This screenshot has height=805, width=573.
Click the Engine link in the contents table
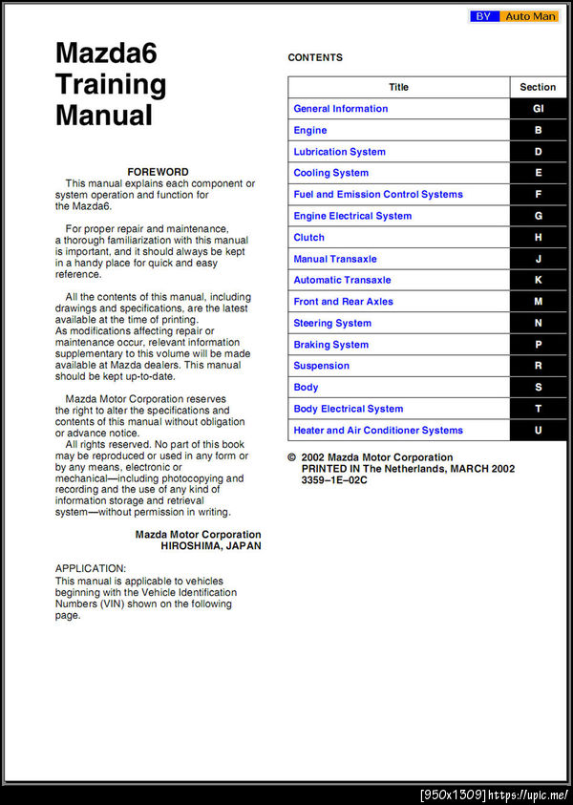pos(310,130)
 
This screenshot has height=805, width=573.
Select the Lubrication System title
pos(340,152)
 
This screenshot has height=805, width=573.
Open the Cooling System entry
pos(331,173)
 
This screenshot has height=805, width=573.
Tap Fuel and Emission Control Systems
pos(378,195)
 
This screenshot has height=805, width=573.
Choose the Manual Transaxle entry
pos(335,259)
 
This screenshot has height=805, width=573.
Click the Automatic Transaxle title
pos(342,280)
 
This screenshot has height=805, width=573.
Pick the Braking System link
pos(330,345)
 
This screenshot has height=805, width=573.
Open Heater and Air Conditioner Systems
pos(378,431)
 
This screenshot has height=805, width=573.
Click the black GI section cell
pos(539,109)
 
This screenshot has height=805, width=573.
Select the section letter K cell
pos(539,280)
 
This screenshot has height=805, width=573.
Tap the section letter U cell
pos(539,431)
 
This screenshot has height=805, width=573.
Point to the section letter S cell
pos(539,388)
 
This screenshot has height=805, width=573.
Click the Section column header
pos(539,87)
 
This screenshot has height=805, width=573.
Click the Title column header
pos(399,87)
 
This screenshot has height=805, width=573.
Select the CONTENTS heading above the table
pos(315,57)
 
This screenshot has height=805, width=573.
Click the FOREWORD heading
pos(158,172)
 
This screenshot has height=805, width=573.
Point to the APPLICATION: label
pos(91,568)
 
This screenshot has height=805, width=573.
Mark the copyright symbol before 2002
pos(292,457)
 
